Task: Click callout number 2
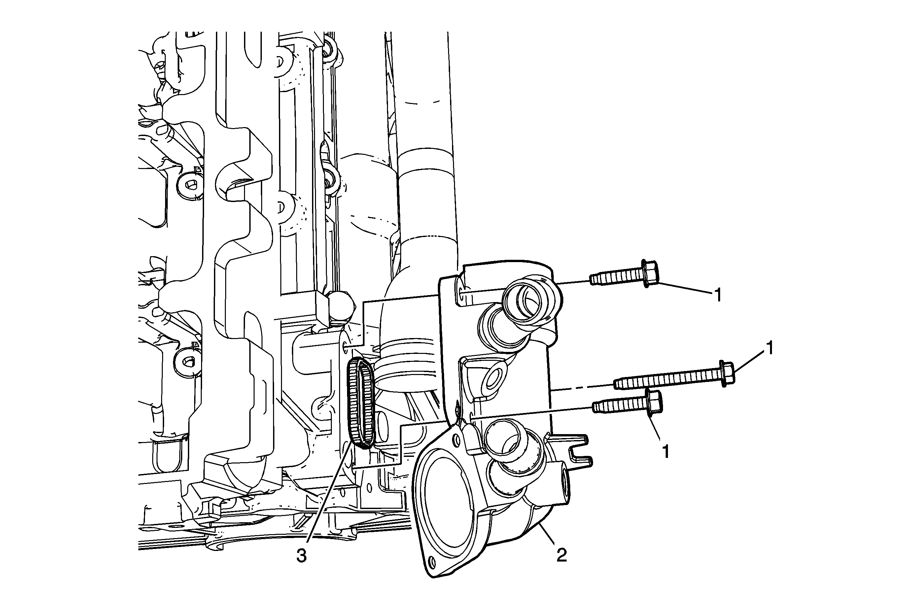pos(562,555)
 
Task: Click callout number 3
pos(301,556)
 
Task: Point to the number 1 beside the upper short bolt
pos(718,295)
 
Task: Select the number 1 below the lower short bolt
pos(665,452)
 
